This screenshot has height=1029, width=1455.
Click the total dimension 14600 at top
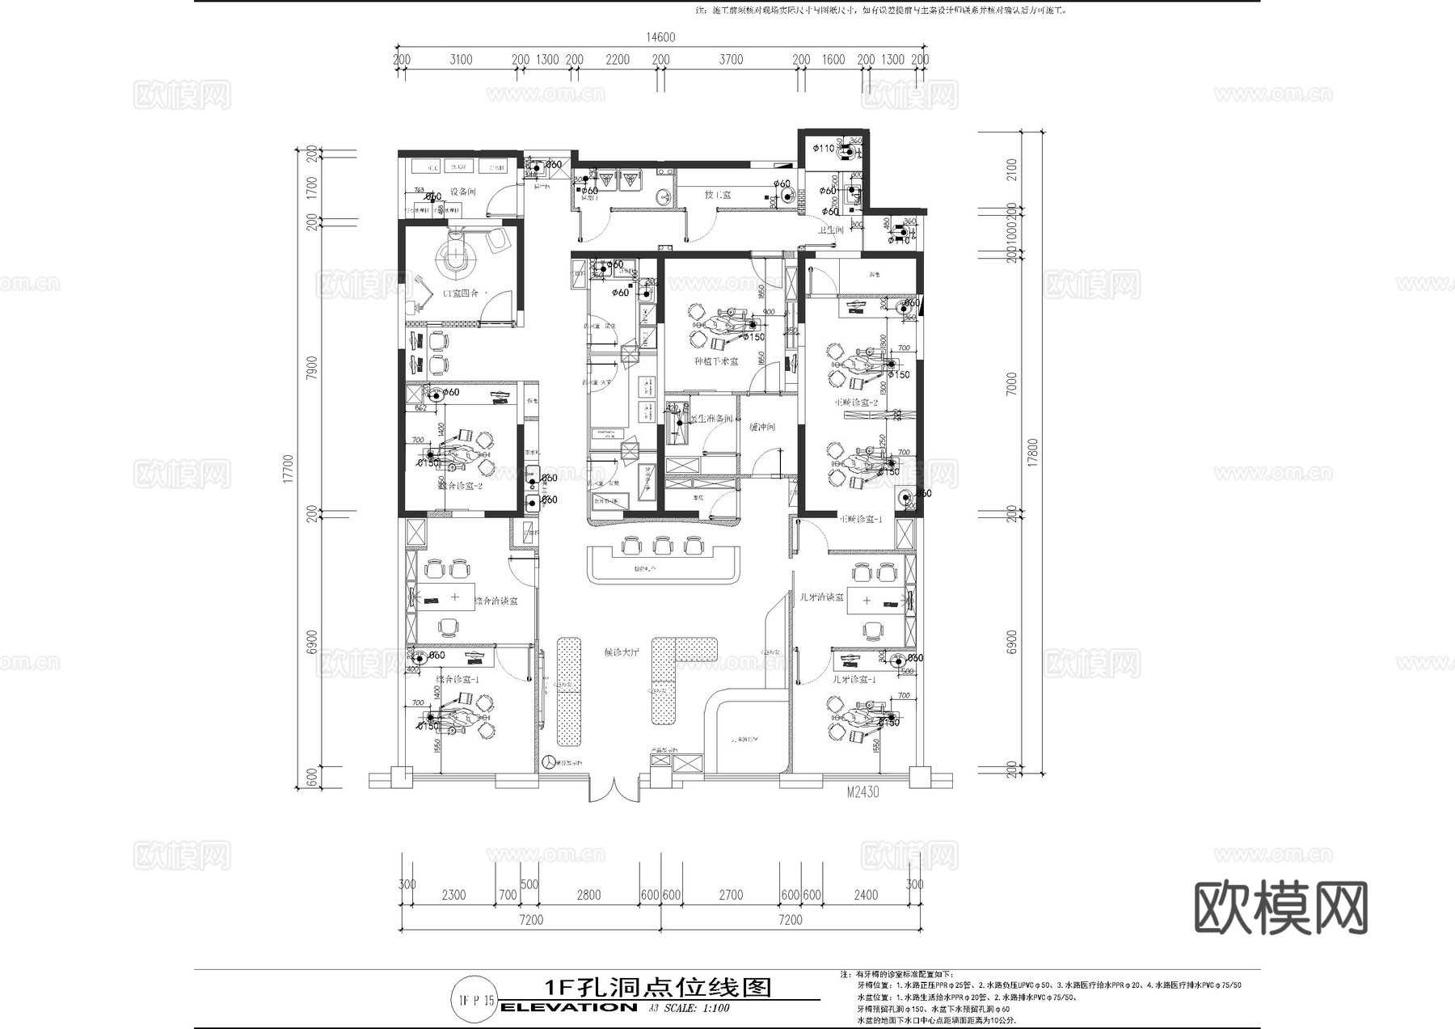pos(660,37)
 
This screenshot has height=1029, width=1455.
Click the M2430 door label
pos(862,793)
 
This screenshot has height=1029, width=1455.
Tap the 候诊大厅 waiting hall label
pos(622,652)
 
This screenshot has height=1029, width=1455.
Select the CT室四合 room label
pos(459,293)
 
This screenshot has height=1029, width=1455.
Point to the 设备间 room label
pos(463,192)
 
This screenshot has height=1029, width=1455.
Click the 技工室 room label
pos(717,195)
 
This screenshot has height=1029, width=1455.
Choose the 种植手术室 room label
pos(716,361)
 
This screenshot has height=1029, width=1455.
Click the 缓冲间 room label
pos(762,427)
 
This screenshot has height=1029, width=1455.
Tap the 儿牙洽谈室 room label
pos(821,597)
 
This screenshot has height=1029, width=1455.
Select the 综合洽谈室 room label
pos(496,601)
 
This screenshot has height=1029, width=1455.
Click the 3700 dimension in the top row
pos(731,60)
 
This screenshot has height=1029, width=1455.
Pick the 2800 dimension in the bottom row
pos(588,895)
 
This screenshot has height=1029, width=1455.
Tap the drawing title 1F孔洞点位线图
pos(656,988)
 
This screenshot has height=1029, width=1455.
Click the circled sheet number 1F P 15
pos(476,1001)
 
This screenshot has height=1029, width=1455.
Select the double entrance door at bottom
pos(614,790)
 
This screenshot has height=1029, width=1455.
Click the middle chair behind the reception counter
pos(662,546)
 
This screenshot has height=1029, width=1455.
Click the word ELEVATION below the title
pos(569,1007)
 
